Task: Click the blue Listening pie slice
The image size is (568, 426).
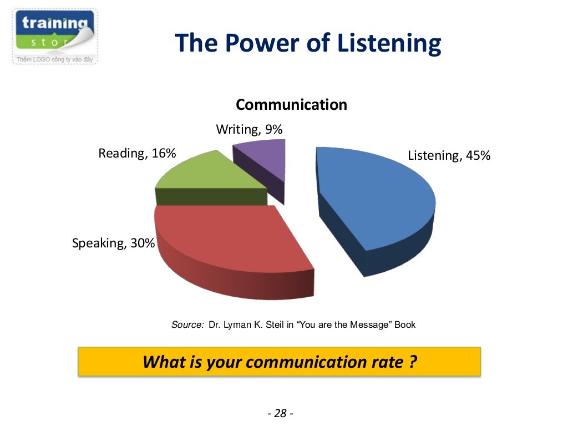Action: point(377,200)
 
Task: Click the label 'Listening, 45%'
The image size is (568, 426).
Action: point(449,155)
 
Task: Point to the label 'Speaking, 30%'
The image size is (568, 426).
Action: point(113,243)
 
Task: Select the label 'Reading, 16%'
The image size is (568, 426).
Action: point(137,153)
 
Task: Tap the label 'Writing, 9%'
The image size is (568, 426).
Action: point(249,129)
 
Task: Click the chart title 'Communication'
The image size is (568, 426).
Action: point(291,104)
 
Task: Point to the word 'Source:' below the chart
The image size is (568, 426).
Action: point(187,325)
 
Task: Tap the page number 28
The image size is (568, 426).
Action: point(280,413)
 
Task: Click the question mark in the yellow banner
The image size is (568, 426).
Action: point(413,362)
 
